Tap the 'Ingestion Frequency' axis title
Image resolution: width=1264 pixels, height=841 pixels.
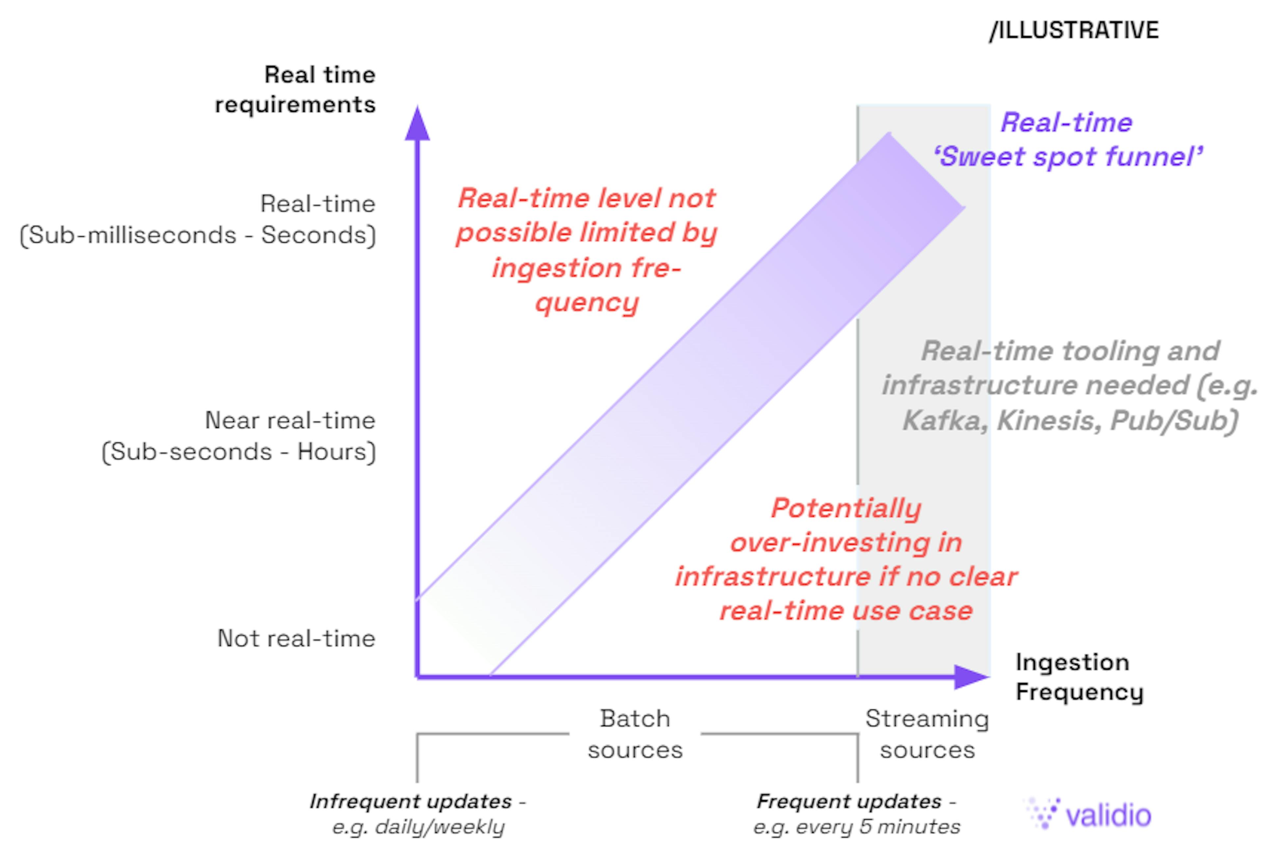pos(1079,677)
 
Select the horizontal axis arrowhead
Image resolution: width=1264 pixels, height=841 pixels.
pos(971,677)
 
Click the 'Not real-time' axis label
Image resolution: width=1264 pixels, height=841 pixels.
pos(296,638)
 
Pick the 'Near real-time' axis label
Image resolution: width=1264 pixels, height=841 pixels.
pos(290,421)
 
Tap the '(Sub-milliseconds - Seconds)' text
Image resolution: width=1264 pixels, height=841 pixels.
pos(198,235)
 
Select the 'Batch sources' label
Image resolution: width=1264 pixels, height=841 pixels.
pos(635,734)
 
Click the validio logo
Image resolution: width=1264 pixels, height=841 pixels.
pos(1089,814)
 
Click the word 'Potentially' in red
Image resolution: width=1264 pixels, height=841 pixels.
pos(846,508)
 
